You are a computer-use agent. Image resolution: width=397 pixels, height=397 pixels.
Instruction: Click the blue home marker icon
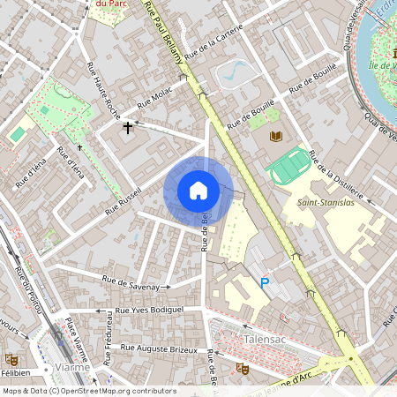(198, 191)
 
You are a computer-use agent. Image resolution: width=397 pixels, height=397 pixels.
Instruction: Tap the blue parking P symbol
(264, 283)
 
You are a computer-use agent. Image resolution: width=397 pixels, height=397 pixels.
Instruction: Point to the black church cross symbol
(128, 129)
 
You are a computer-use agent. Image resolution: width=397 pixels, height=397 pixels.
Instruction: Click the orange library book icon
(275, 136)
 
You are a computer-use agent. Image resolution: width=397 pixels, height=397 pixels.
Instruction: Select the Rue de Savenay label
(136, 283)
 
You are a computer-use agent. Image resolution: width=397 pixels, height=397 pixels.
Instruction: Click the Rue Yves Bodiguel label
(139, 310)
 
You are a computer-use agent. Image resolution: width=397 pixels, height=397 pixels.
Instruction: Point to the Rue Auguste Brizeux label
(161, 349)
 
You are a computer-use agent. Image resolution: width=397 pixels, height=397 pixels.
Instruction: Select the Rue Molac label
(155, 97)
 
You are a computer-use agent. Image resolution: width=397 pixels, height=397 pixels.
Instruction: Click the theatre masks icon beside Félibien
(10, 359)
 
